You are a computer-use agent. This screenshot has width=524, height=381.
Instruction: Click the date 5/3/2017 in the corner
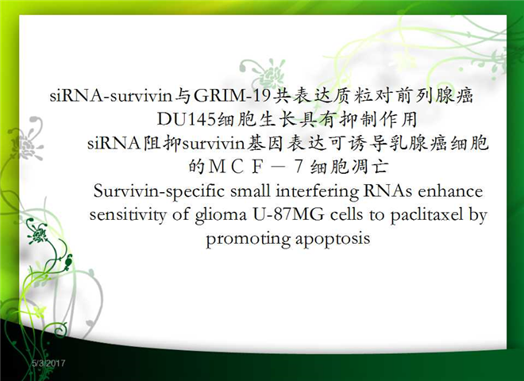tap(48, 364)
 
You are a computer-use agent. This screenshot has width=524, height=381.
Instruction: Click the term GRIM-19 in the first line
tap(232, 96)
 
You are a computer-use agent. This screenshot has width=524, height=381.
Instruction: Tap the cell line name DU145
tap(187, 119)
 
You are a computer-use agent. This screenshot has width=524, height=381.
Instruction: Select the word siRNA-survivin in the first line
tap(111, 96)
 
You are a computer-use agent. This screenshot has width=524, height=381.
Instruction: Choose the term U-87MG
tap(288, 215)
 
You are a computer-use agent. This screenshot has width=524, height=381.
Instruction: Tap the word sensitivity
tap(128, 215)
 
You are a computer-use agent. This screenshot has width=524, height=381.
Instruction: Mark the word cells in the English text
tap(346, 215)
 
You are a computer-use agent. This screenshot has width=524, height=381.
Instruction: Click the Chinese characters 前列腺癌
tap(434, 96)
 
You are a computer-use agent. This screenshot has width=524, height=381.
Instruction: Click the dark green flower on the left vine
tap(37, 234)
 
